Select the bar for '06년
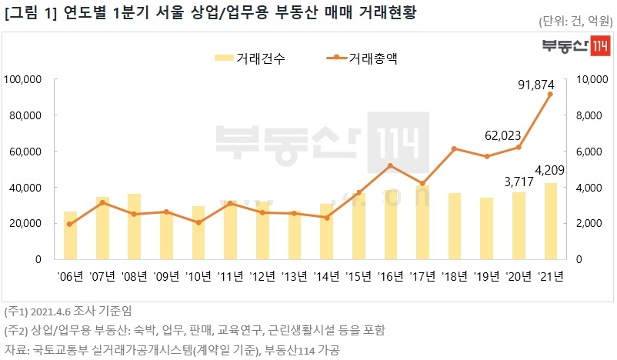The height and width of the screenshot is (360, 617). [70, 235]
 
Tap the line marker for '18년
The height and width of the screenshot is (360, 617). [454, 148]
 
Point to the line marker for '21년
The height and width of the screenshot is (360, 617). [549, 94]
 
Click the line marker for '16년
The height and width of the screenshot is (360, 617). [390, 165]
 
